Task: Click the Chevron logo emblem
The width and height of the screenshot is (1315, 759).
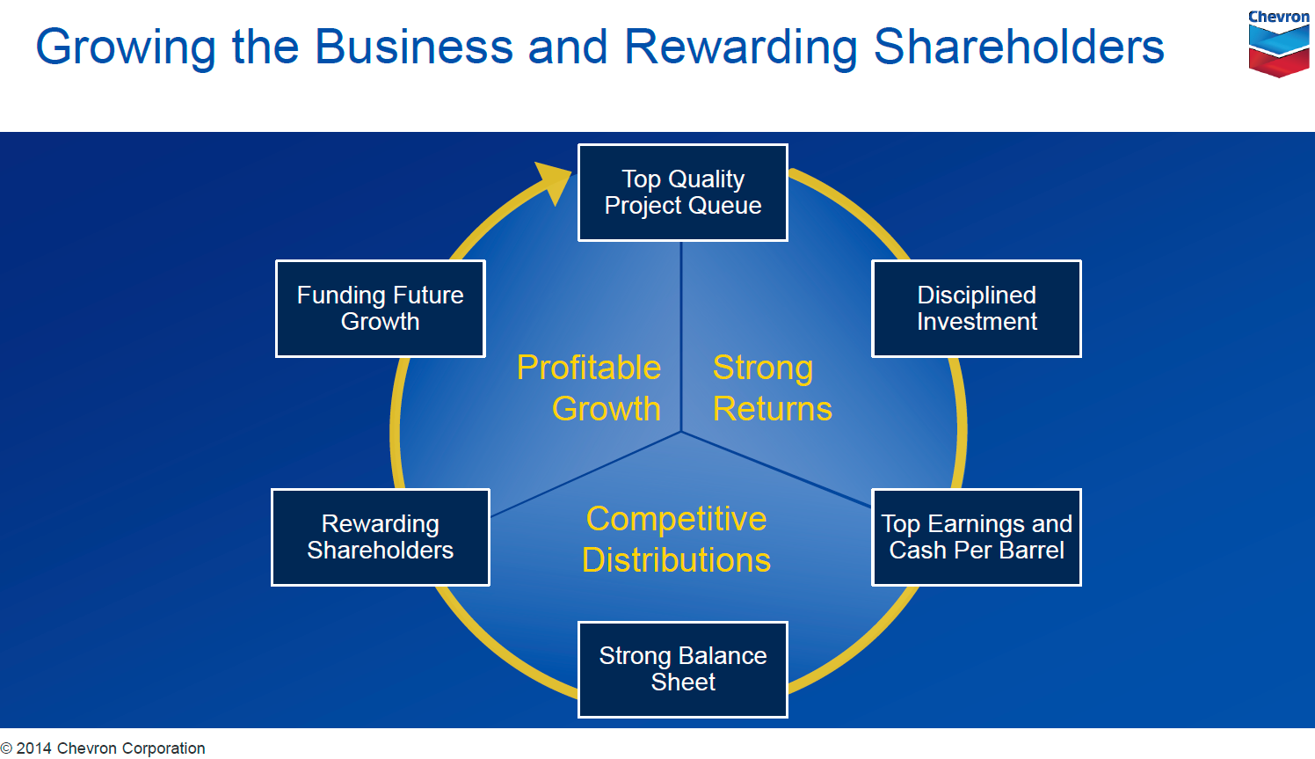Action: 1279,51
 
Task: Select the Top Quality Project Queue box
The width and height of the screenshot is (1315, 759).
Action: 682,193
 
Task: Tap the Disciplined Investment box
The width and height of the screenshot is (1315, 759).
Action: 976,309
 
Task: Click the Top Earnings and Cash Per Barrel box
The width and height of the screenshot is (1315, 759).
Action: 976,537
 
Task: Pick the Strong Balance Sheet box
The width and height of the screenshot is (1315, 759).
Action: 682,669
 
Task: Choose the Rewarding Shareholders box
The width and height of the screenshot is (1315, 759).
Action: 380,537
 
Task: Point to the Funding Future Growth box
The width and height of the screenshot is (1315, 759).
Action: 380,309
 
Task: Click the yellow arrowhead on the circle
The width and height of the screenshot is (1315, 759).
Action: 554,180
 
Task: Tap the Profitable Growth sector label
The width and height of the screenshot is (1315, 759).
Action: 589,388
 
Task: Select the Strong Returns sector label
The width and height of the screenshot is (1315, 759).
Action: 772,388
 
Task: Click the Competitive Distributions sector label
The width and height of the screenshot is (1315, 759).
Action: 676,539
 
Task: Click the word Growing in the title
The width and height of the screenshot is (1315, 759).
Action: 125,47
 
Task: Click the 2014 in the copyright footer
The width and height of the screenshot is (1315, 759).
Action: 34,748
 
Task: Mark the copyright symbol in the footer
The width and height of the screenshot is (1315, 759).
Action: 7,749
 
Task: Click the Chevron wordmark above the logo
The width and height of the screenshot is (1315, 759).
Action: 1279,17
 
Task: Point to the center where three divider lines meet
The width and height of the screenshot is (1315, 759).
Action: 681,432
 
